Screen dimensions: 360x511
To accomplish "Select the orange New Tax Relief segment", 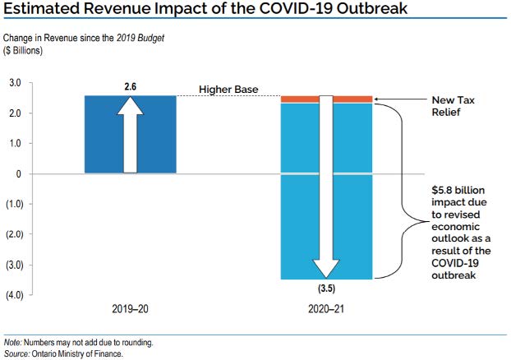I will pyautogui.click(x=303, y=99).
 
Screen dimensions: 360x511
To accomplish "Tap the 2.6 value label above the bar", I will pyautogui.click(x=130, y=86).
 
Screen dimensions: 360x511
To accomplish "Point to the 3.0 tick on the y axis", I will pyautogui.click(x=15, y=83).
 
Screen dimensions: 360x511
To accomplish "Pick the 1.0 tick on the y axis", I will pyautogui.click(x=15, y=144).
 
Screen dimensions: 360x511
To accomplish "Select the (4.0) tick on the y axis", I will pyautogui.click(x=15, y=295).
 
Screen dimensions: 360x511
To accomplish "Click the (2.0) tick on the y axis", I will pyautogui.click(x=15, y=234).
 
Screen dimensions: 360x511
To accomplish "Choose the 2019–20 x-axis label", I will pyautogui.click(x=130, y=312).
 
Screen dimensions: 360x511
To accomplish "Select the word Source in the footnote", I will pyautogui.click(x=17, y=353).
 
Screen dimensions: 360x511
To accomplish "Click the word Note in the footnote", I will pyautogui.click(x=13, y=342).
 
